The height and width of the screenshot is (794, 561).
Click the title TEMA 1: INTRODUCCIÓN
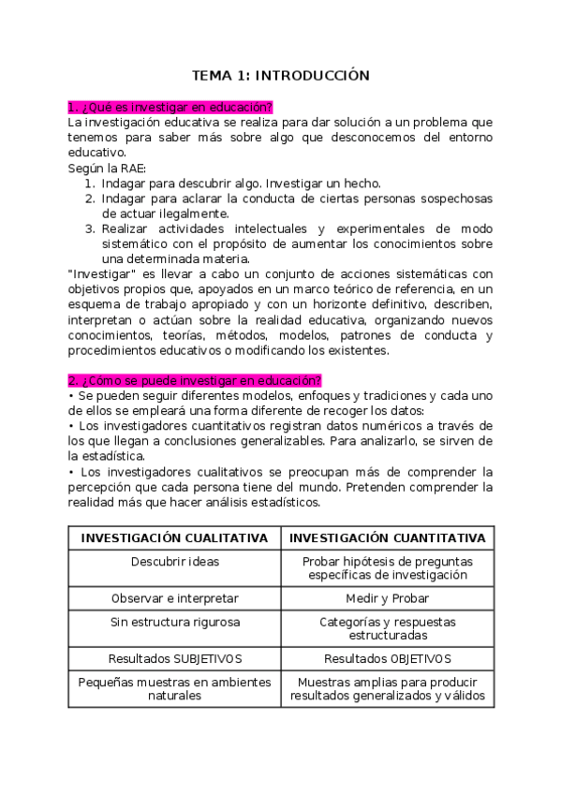[280, 75]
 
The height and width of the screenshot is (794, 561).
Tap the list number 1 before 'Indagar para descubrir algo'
[89, 184]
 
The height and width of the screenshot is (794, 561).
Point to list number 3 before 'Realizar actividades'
[89, 228]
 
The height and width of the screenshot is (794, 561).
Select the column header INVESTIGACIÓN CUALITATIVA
[174, 538]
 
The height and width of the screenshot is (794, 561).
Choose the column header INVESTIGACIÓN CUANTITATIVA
[388, 538]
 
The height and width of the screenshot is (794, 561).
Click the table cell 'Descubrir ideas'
[174, 562]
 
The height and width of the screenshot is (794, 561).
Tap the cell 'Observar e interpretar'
[174, 597]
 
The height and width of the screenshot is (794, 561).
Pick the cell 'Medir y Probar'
[388, 597]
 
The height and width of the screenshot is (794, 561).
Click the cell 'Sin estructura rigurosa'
[174, 622]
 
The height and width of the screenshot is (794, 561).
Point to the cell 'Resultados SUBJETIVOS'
[174, 658]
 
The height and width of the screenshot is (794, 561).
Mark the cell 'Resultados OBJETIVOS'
[388, 658]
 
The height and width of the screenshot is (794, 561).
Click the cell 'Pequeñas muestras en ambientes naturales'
[174, 689]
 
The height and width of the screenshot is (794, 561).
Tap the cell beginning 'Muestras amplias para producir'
[388, 689]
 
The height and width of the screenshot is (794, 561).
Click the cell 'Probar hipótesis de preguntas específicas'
[388, 568]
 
